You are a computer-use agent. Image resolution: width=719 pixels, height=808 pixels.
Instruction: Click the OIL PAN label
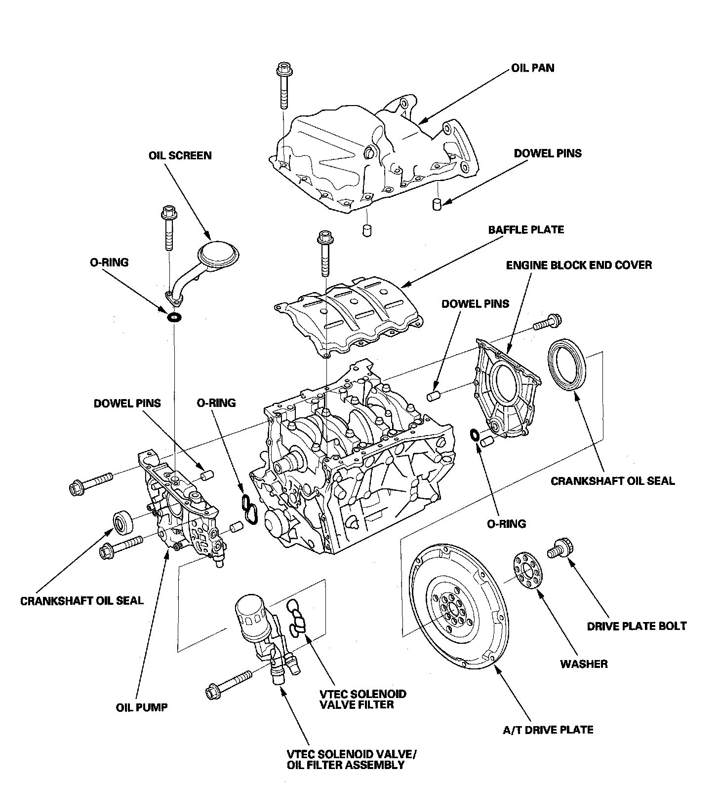532,68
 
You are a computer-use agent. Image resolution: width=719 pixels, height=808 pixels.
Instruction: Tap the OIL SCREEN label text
180,156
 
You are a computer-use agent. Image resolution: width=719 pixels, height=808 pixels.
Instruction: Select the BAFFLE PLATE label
526,230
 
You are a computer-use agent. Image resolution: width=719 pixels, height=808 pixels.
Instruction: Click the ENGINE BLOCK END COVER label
579,265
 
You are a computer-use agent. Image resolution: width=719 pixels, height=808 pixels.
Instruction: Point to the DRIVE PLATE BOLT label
637,626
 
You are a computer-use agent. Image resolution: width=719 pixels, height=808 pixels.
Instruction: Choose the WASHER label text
584,664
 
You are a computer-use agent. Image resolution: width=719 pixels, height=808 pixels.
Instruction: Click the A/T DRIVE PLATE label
548,730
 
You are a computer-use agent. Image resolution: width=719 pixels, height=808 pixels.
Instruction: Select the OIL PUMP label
142,707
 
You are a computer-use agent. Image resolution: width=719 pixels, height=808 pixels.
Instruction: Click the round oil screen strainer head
218,255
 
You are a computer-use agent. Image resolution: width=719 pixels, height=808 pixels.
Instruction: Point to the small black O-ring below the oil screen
174,317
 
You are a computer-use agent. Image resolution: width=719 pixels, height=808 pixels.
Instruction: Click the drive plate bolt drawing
559,548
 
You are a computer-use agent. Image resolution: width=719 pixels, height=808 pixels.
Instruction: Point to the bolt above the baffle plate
324,253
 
